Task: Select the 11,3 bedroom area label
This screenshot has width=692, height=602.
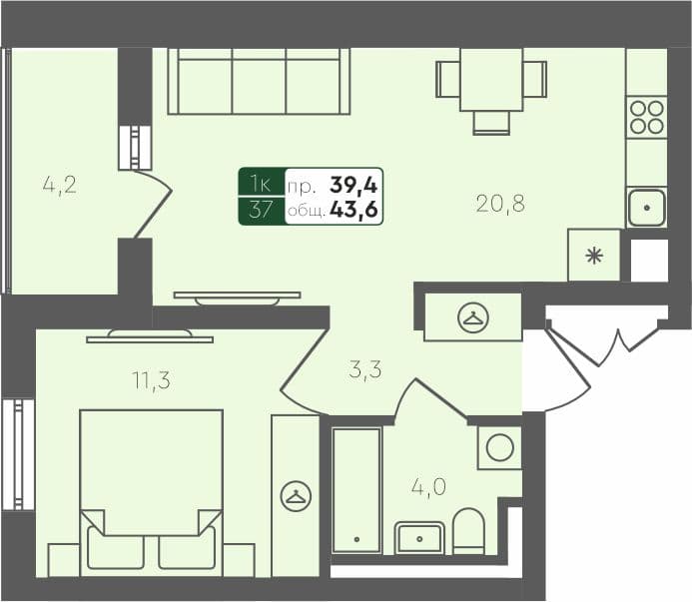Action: pos(150,379)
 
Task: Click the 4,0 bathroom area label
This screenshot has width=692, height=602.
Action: pos(429,489)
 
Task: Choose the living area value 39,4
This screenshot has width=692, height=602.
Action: pos(355,185)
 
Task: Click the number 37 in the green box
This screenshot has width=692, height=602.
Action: pos(261,211)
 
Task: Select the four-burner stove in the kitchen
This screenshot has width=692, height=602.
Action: pos(646,118)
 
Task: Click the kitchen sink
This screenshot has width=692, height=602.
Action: pos(647,208)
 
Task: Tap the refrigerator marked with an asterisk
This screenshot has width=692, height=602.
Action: pos(593,255)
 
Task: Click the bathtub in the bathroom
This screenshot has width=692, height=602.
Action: pos(355,489)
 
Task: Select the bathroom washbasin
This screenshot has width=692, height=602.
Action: pos(419,537)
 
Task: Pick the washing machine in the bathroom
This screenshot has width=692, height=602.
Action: pos(499,446)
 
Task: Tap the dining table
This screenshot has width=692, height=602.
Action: pos(491,80)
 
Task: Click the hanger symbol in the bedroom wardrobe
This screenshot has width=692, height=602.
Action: pos(295,496)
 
